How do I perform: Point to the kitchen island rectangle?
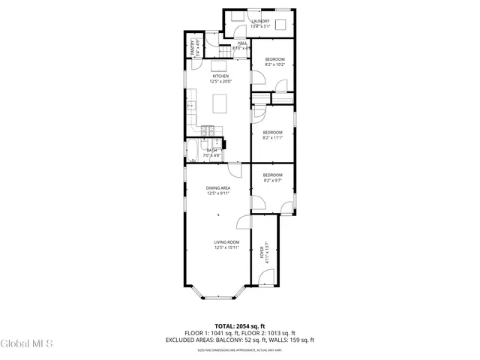(221, 103)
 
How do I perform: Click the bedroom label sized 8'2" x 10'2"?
(274, 61)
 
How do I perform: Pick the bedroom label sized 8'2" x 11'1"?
(272, 135)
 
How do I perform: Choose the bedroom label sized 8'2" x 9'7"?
(272, 177)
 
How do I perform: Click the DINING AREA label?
(218, 190)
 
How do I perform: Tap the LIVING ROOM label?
(226, 244)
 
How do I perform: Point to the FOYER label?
(262, 252)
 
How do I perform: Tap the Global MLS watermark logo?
(27, 344)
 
